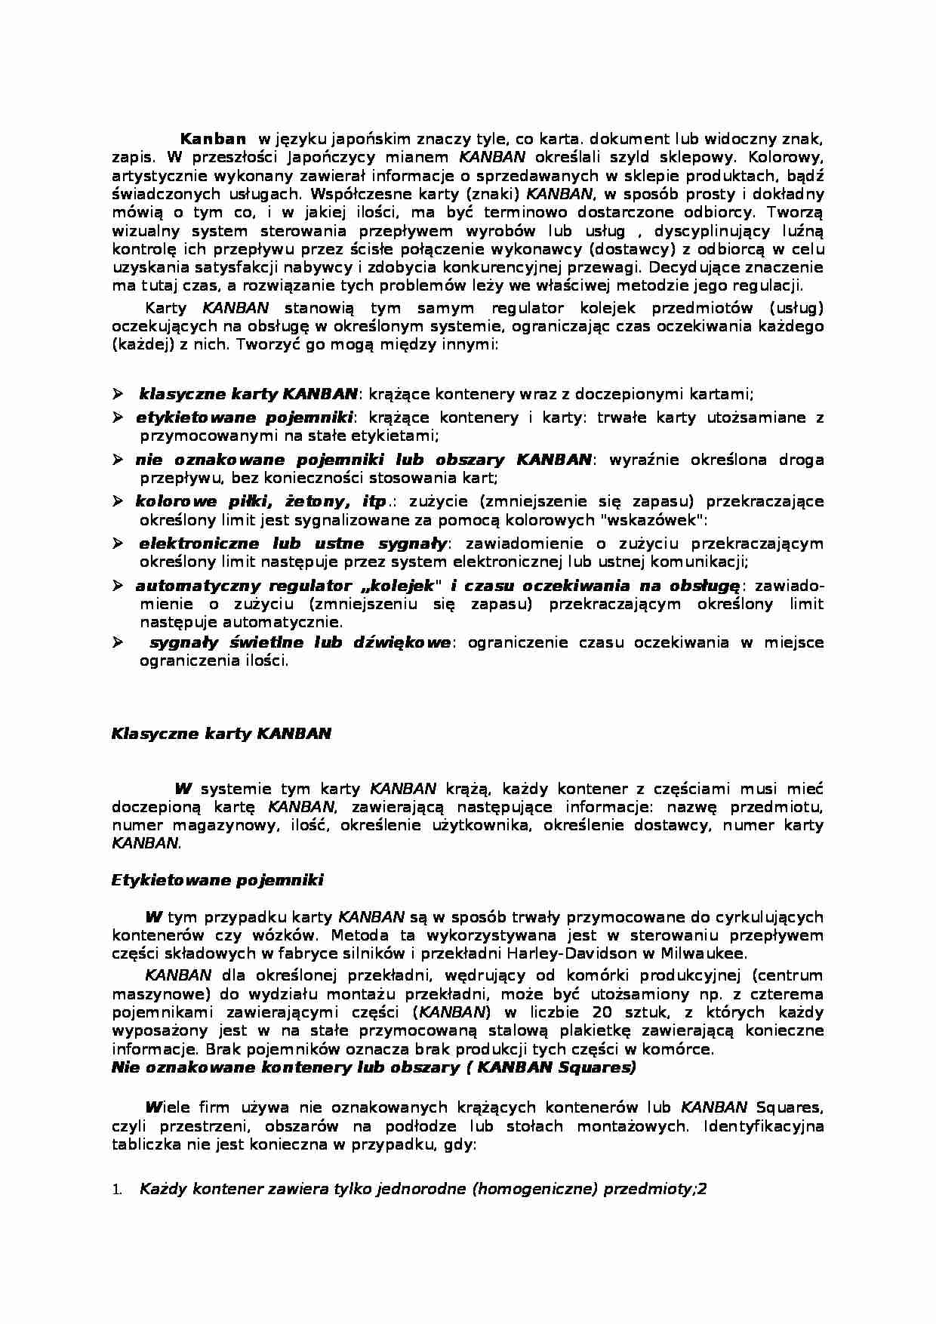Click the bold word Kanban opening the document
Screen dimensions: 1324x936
click(213, 139)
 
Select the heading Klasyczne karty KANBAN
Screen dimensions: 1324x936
click(221, 734)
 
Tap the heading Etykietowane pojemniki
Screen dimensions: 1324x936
click(217, 879)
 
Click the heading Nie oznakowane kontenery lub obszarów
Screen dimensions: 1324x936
click(373, 1067)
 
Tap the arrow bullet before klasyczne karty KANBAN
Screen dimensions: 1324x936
click(118, 393)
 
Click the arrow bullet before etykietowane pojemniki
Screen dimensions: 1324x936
click(118, 417)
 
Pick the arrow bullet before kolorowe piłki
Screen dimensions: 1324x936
click(118, 501)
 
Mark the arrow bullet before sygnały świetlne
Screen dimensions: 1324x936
click(118, 642)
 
